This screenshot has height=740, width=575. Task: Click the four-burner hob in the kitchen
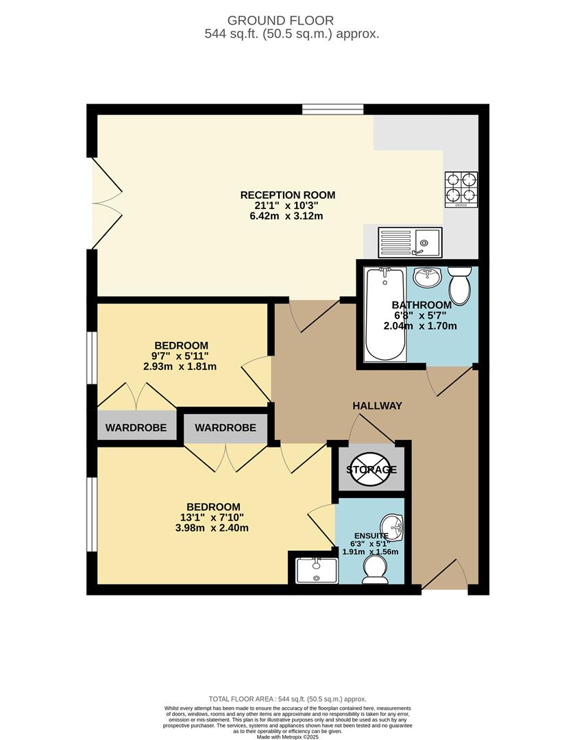click(461, 189)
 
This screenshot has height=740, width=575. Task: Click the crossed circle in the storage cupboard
click(371, 469)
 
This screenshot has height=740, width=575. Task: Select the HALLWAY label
click(377, 406)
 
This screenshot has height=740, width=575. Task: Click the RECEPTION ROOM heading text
click(287, 195)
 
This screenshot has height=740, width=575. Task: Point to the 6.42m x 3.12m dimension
click(287, 217)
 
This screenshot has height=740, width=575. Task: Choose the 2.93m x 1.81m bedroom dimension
click(180, 367)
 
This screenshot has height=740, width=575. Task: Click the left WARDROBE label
click(136, 428)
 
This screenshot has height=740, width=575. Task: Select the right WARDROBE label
click(225, 428)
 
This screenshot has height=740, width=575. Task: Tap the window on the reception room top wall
click(333, 109)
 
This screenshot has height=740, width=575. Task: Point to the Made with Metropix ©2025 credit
click(287, 737)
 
